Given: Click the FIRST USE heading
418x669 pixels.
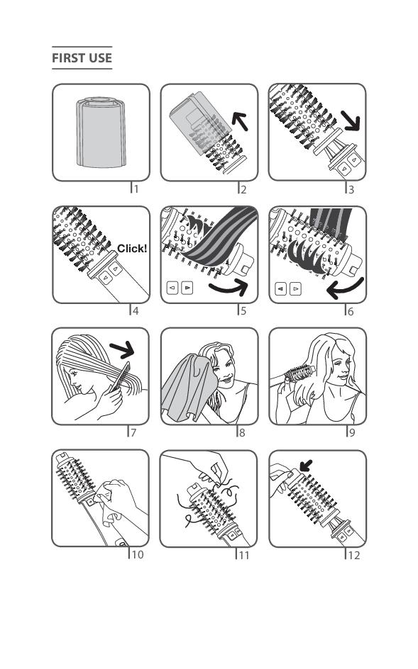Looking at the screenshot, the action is [x=82, y=57].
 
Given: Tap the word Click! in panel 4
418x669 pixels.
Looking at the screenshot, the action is [x=132, y=248].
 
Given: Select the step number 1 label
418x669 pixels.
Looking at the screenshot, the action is [x=136, y=189].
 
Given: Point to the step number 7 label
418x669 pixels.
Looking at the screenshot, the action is [x=133, y=432].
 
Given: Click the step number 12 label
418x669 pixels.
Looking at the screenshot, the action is [x=354, y=555].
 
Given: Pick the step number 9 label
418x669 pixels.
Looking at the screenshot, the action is [x=352, y=432].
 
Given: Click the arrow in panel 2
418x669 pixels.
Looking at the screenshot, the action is [x=240, y=120].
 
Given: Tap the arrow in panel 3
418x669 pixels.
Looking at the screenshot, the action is [x=351, y=120].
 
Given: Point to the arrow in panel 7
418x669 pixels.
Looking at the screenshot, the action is [x=122, y=350].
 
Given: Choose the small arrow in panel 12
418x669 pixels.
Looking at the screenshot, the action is [x=306, y=465].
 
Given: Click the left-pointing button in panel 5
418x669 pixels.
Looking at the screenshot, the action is [x=172, y=288].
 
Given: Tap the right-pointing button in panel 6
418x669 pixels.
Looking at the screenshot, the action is [x=295, y=289].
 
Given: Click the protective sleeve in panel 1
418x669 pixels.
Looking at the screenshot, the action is [x=101, y=133].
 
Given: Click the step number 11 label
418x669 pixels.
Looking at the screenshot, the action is [x=244, y=555].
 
